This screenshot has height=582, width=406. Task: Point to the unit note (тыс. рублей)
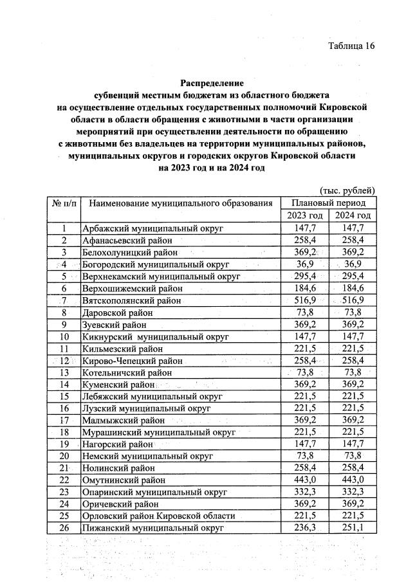(x=347, y=190)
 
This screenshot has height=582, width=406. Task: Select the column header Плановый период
(x=328, y=203)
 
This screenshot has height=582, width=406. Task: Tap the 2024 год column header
(x=352, y=215)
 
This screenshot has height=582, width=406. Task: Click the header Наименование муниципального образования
(x=181, y=203)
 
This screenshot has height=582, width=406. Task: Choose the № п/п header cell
(x=64, y=203)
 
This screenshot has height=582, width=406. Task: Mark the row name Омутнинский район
(x=124, y=480)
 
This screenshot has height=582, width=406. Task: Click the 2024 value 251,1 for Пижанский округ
(x=352, y=528)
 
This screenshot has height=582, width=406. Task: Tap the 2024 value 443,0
(x=352, y=480)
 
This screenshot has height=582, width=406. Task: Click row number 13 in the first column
(x=64, y=372)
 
